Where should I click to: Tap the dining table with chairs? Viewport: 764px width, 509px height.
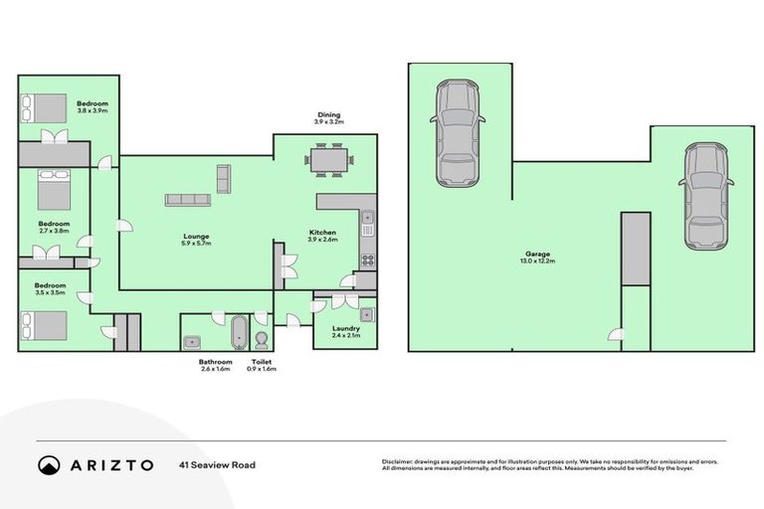328,160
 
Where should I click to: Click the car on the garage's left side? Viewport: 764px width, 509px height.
458,133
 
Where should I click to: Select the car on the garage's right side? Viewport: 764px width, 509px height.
704,196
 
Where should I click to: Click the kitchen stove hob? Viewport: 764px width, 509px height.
367,260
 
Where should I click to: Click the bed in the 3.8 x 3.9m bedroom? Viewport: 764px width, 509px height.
43,107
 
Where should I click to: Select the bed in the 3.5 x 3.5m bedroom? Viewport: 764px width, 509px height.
43,325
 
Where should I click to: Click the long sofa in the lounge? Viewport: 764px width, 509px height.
188,199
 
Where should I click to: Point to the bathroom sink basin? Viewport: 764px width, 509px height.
193,342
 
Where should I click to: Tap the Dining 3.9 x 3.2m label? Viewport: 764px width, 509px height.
328,117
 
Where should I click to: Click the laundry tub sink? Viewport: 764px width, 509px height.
367,315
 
